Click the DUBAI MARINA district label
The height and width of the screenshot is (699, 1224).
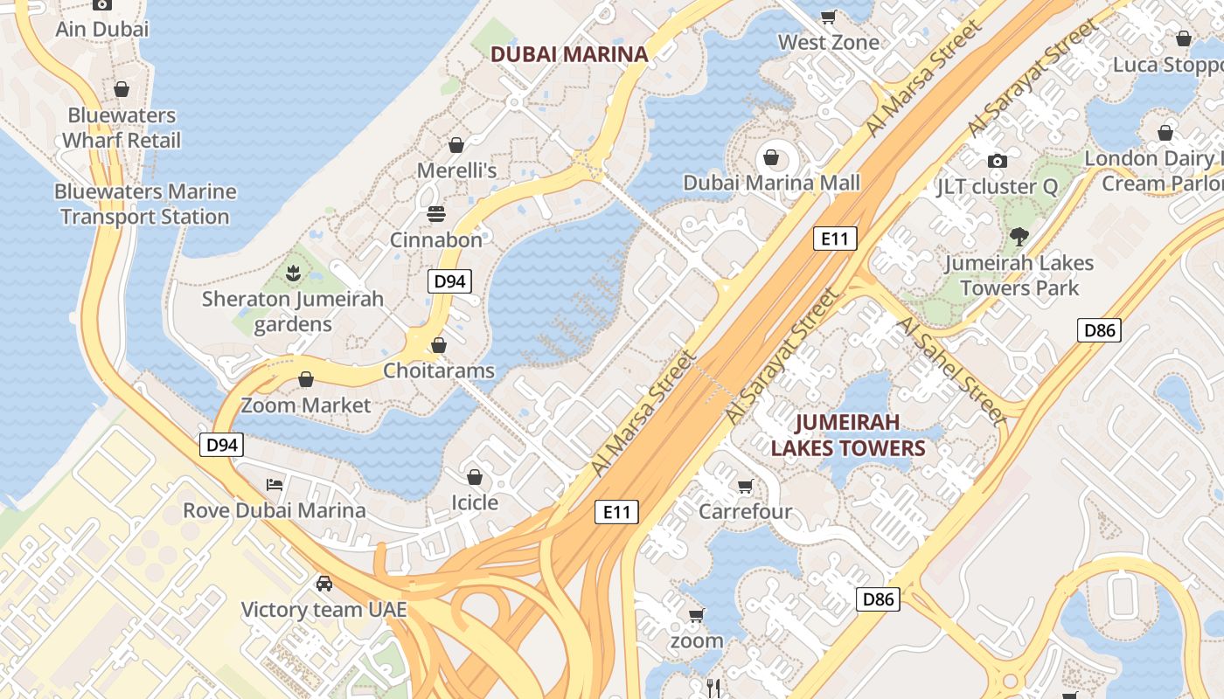click(569, 54)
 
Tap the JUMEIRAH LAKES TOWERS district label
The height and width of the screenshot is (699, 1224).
click(847, 435)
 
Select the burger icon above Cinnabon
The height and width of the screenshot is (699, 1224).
click(436, 214)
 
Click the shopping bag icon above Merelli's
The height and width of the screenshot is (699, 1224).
click(456, 144)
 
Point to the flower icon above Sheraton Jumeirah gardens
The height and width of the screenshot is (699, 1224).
click(293, 273)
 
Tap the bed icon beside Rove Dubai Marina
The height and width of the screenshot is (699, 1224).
click(275, 484)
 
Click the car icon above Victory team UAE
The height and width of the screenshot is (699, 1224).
click(324, 583)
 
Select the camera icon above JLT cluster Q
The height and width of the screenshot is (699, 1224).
click(997, 161)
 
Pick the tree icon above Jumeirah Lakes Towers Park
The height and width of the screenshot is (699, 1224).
click(1019, 236)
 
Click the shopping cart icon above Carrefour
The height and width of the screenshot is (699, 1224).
click(745, 486)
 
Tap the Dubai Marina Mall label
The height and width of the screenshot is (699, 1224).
click(771, 183)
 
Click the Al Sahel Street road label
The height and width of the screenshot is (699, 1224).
click(953, 371)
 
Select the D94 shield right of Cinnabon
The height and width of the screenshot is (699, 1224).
click(450, 281)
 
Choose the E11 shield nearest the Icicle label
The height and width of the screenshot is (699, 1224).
click(616, 512)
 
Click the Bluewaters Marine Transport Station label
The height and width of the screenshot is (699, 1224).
click(145, 204)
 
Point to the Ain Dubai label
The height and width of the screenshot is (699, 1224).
click(102, 29)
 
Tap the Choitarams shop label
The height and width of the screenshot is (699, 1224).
click(439, 370)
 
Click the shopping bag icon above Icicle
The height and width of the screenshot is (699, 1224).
click(474, 477)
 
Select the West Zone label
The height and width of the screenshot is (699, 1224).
click(828, 42)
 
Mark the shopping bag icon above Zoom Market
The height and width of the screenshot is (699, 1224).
click(306, 379)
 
